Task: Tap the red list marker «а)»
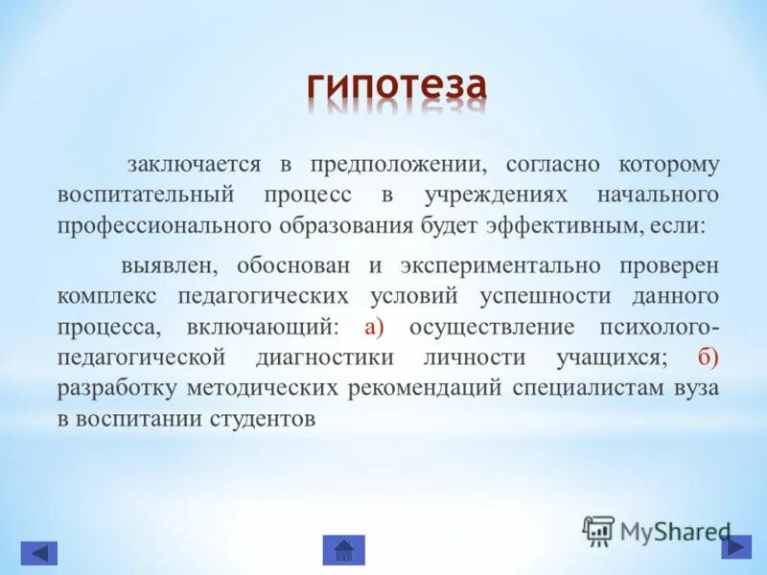[x=374, y=328]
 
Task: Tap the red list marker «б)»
[x=708, y=358]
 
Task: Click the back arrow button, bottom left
[x=39, y=553]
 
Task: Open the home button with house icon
[x=343, y=550]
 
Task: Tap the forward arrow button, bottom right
[x=736, y=546]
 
